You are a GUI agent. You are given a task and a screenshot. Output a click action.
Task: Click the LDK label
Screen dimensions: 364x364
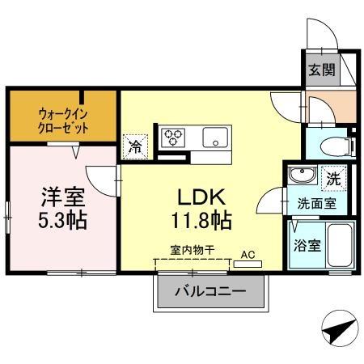202,197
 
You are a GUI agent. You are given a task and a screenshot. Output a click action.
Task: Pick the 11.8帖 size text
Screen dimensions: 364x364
202,219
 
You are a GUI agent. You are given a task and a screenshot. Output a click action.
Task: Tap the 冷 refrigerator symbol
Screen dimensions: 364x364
135,148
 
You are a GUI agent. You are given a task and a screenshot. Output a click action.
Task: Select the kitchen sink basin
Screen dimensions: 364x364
216,136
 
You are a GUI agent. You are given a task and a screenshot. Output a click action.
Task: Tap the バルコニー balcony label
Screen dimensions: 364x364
211,292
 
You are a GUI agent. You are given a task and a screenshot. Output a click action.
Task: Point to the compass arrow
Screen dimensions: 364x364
339,331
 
